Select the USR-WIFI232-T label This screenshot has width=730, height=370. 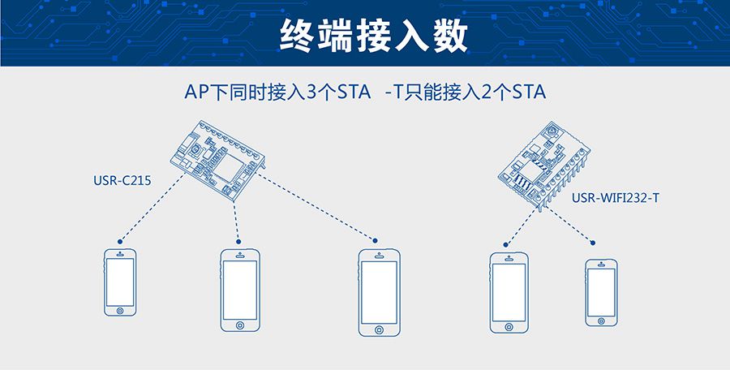point(616,197)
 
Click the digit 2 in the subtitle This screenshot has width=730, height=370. point(488,92)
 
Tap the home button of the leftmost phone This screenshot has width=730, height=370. point(120,309)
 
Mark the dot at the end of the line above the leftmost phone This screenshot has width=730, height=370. point(120,242)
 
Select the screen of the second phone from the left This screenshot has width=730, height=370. point(240,289)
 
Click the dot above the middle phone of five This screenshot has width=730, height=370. point(376,240)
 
